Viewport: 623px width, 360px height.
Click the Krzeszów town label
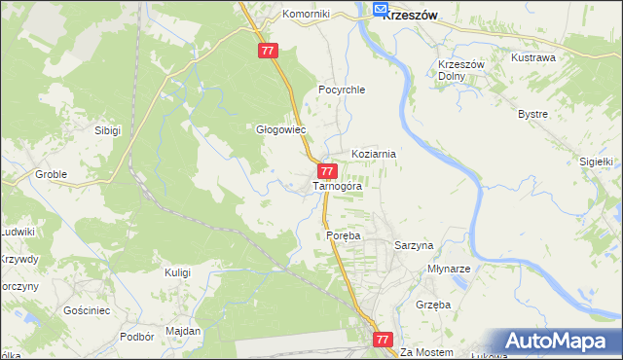(410, 15)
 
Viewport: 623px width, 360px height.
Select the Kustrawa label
(533, 58)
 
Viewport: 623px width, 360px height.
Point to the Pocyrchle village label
(341, 90)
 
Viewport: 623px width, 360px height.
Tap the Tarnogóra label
(338, 186)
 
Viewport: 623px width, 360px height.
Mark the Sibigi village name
(107, 129)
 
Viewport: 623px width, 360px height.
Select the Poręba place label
(344, 236)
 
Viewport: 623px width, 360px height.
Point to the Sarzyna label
(413, 246)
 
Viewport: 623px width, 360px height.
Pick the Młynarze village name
(450, 269)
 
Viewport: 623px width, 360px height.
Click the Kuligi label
(177, 272)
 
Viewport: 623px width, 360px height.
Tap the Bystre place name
(532, 114)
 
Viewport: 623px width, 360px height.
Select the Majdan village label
(183, 331)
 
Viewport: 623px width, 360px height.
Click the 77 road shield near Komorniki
(270, 51)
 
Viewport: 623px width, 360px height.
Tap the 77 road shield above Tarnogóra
(328, 171)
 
